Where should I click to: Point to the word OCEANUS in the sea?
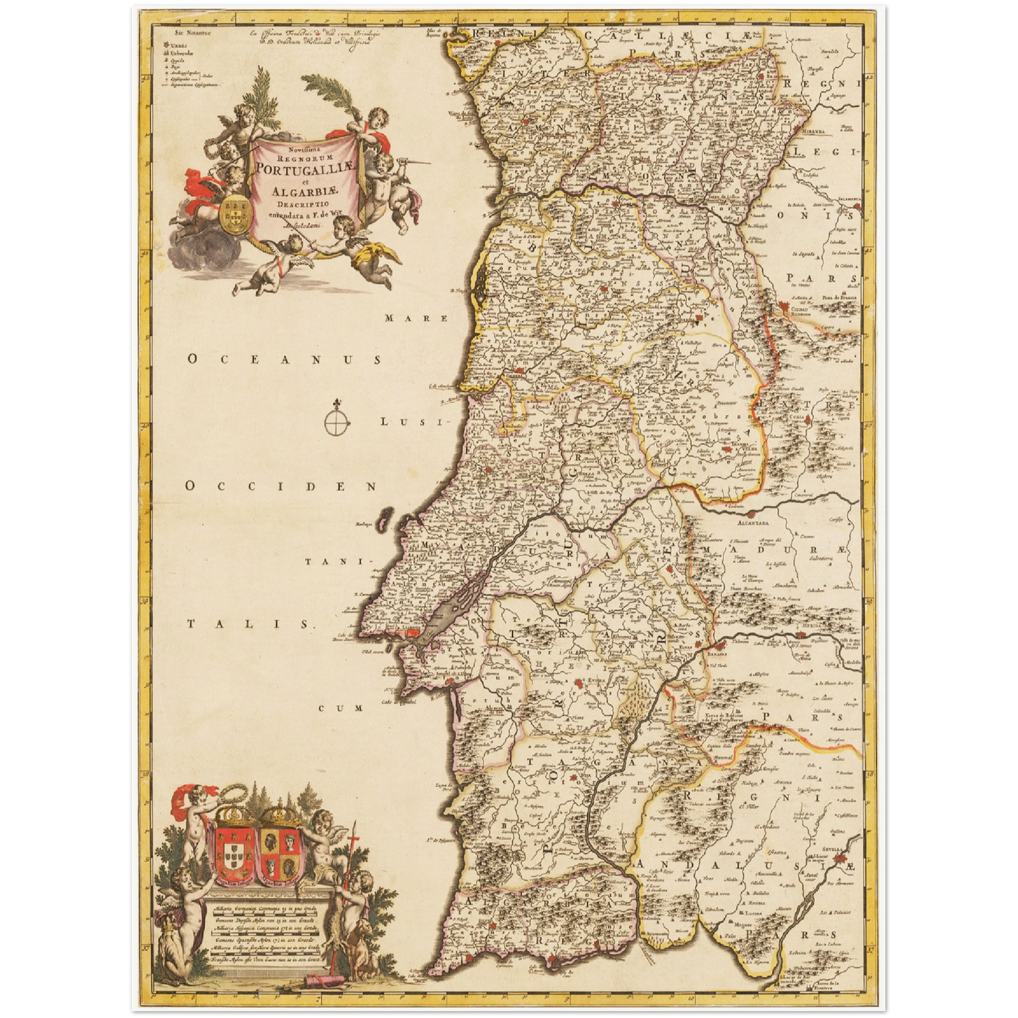point(285,360)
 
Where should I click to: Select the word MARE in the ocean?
point(416,318)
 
